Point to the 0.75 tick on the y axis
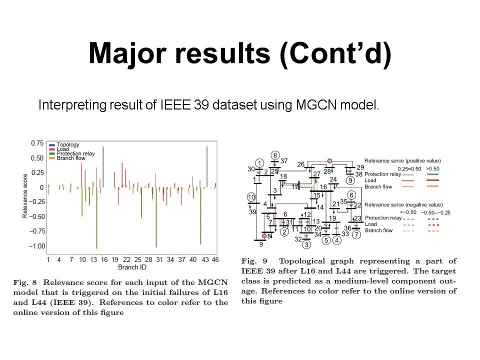[37, 143]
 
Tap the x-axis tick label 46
[215, 259]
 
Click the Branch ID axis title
[132, 267]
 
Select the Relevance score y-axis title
[25, 195]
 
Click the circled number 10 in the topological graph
[251, 197]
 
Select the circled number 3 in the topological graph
[306, 244]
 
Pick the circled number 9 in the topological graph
[350, 180]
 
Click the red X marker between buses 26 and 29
[329, 161]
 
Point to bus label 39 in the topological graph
[252, 212]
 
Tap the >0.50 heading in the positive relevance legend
[432, 168]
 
